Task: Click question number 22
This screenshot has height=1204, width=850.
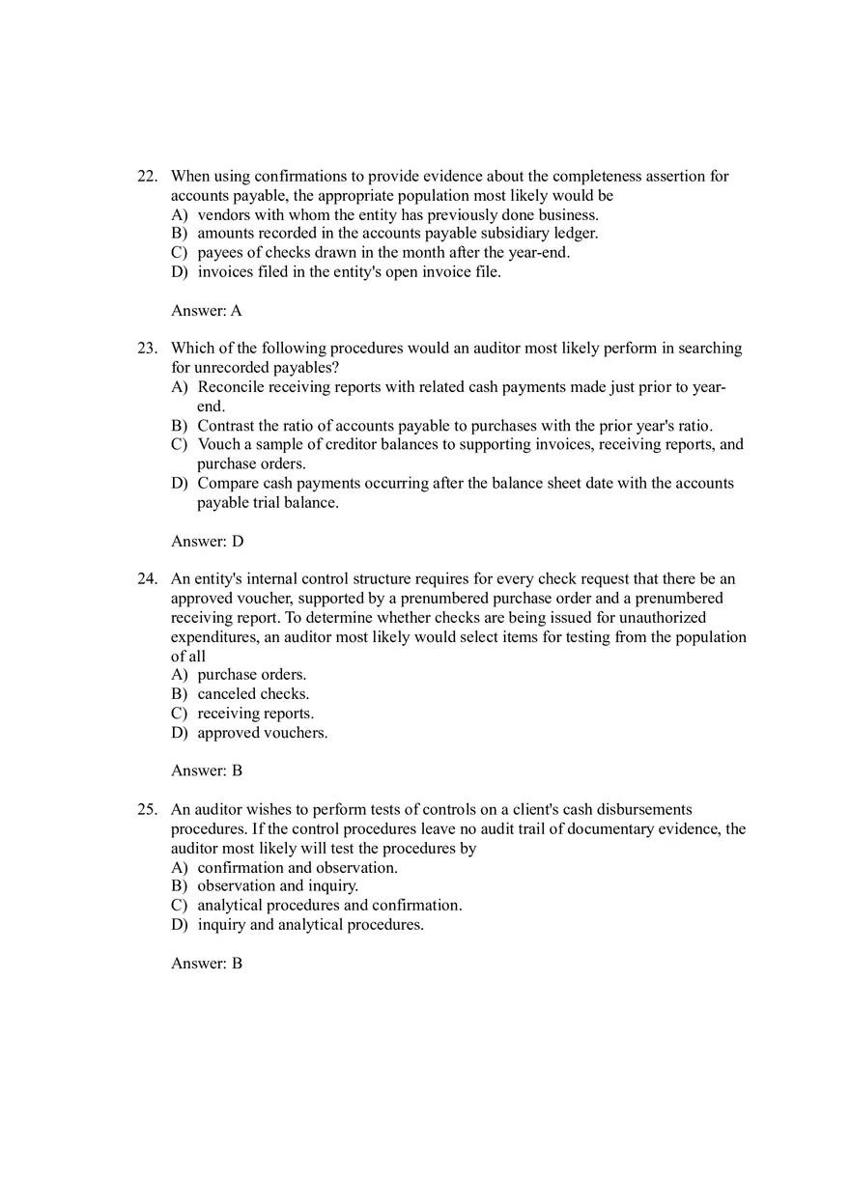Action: (147, 177)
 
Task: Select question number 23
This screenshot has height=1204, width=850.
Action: (147, 349)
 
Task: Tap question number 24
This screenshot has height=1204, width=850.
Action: (147, 579)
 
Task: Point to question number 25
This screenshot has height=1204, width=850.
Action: (147, 810)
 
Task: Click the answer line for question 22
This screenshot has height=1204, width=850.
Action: (206, 311)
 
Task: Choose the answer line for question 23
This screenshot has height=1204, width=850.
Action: (207, 542)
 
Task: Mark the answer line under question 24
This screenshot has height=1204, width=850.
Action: (206, 771)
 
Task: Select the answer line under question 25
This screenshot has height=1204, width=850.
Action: (206, 964)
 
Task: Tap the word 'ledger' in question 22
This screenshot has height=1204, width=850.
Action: (575, 234)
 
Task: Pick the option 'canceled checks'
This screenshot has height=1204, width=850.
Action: (253, 694)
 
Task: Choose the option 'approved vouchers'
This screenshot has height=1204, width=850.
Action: (263, 733)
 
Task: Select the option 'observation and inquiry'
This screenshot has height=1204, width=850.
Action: (277, 886)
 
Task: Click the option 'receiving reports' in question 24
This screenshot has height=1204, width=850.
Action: (256, 714)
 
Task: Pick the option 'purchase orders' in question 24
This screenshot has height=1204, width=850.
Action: (252, 675)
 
